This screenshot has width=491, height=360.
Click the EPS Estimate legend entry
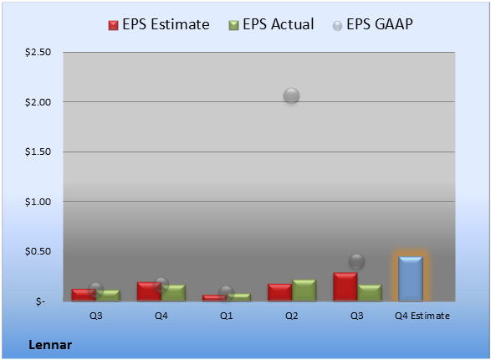pos(159,24)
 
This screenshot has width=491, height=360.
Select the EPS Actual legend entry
pos(271,24)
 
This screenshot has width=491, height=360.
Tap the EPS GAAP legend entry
pos(372,24)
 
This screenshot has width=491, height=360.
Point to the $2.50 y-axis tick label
pos(38,52)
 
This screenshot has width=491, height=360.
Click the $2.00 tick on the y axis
pos(38,102)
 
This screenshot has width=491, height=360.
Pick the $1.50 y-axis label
pos(38,152)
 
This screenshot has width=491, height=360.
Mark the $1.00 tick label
pos(38,202)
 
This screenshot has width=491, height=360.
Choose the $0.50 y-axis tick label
pos(38,251)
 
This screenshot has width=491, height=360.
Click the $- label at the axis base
pos(40,301)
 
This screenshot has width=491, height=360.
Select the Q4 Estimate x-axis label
pos(422,316)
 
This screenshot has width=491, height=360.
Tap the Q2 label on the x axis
pos(292,316)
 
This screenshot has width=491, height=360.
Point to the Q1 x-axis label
pos(226,316)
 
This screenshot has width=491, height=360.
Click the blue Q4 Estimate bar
pos(411,279)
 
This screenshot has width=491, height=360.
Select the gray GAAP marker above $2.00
pos(292,96)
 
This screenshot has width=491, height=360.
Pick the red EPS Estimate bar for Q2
pos(279,292)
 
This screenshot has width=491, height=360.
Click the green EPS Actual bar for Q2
pos(304,291)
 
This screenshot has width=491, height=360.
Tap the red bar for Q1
pos(214,298)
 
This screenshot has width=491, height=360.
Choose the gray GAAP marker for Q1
pos(226,294)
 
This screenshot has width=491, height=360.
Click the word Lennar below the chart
pos(50,345)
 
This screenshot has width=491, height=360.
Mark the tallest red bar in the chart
pos(345,286)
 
